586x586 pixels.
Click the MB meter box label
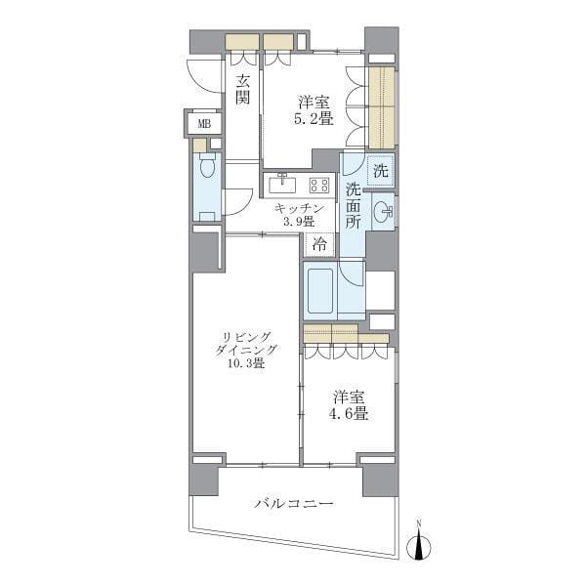pos(204,124)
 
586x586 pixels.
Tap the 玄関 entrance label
pos(243,89)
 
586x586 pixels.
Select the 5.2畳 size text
pos(314,119)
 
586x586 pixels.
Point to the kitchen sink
pos(282,184)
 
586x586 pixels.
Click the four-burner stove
pos(319,185)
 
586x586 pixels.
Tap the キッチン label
pos(299,208)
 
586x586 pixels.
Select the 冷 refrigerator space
pos(319,245)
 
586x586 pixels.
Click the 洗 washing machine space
pos(381,171)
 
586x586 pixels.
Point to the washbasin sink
pos(383,212)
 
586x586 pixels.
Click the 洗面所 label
pos(353,205)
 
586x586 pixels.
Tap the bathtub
pos(320,291)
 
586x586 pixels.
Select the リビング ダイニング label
pos(246,343)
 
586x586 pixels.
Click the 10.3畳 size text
pos(246,362)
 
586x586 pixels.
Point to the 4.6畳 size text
pos(349,414)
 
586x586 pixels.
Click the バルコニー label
pos(294,504)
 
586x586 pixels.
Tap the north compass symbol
pos(419,546)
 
